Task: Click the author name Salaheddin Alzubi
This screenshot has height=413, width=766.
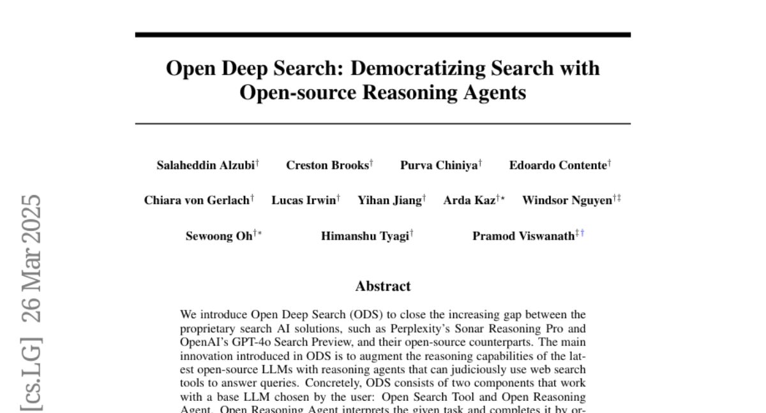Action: point(206,166)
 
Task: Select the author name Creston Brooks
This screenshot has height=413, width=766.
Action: point(327,166)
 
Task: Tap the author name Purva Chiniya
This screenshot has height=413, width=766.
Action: point(439,166)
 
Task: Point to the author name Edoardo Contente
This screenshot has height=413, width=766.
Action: point(558,166)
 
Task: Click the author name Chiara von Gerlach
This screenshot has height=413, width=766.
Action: point(197,201)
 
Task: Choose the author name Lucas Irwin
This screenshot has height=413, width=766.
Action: point(303,201)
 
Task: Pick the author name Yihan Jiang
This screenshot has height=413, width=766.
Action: point(389,201)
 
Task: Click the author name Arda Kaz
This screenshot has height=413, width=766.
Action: point(469,201)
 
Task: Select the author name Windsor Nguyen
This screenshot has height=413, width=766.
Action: point(567,201)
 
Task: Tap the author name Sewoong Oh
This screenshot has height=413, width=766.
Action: point(219,236)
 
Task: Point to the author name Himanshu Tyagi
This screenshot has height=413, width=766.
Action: point(365,236)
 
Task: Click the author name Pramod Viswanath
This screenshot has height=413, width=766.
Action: point(523,236)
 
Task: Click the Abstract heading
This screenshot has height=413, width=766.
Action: point(383,286)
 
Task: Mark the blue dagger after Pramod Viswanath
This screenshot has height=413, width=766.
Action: point(582,233)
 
